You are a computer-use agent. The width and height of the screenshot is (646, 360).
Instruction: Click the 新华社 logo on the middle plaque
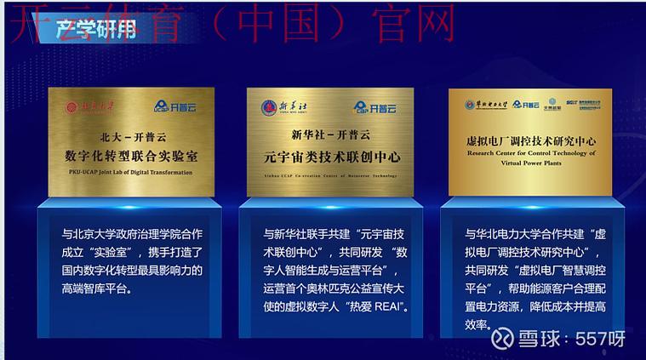click(x=281, y=107)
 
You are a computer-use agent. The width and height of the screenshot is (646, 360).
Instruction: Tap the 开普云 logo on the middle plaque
click(x=372, y=107)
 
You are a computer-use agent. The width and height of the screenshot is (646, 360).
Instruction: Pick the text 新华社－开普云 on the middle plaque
click(x=331, y=135)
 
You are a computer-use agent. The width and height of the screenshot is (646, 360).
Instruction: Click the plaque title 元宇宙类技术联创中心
click(x=331, y=157)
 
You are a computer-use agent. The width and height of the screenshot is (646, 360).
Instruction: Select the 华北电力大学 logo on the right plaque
click(x=486, y=104)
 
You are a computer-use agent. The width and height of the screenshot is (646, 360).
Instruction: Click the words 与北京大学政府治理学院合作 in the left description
click(x=131, y=233)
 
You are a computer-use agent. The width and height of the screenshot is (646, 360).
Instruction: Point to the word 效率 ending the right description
click(x=476, y=324)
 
